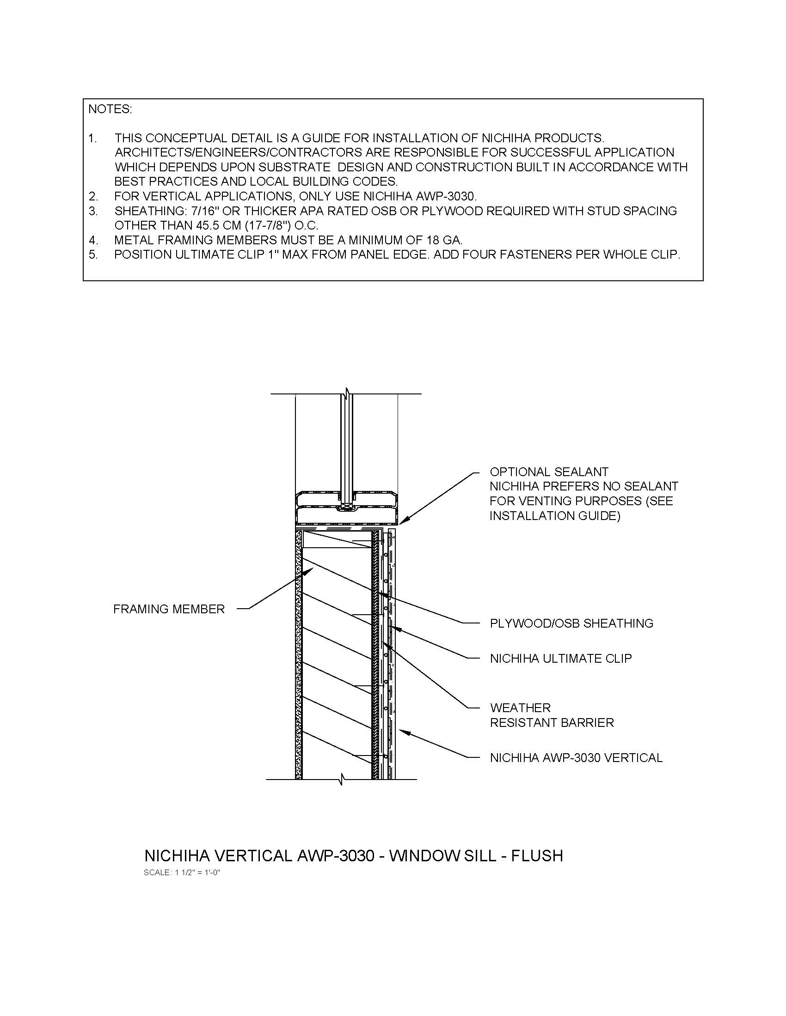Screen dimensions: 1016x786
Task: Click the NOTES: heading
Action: point(110,109)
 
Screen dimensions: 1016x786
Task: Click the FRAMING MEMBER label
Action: point(169,609)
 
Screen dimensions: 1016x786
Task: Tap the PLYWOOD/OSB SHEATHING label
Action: point(571,623)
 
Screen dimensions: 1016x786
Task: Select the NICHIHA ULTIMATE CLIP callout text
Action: point(561,659)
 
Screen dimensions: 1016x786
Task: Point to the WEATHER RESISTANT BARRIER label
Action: point(552,715)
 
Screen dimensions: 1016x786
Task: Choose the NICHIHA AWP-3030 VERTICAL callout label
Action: point(576,758)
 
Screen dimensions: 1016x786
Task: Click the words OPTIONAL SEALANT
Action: point(549,472)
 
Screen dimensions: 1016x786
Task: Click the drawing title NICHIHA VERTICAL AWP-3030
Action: point(259,855)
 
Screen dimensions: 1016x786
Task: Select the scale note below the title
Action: point(182,873)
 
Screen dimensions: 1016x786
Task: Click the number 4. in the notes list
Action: point(93,241)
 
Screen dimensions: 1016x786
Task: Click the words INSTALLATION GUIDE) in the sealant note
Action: point(554,516)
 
